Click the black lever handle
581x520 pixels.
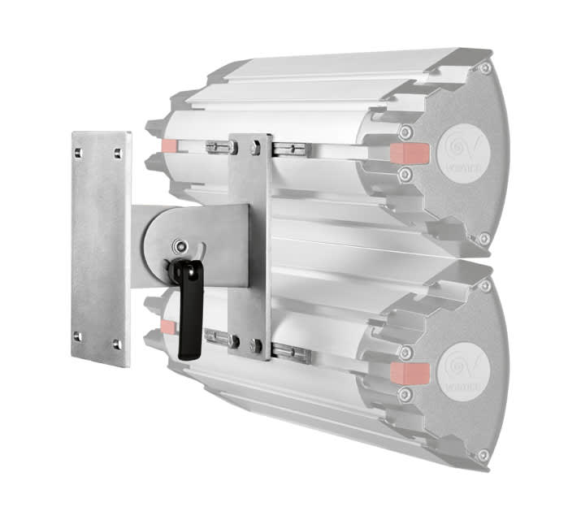click(188, 312)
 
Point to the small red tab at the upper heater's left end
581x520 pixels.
click(169, 146)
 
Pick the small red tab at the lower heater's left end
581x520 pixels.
click(168, 327)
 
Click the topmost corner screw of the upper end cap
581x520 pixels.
click(485, 69)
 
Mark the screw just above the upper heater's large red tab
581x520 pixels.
click(405, 131)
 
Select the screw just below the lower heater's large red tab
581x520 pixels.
click(405, 394)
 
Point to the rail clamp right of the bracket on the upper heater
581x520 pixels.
click(290, 149)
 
